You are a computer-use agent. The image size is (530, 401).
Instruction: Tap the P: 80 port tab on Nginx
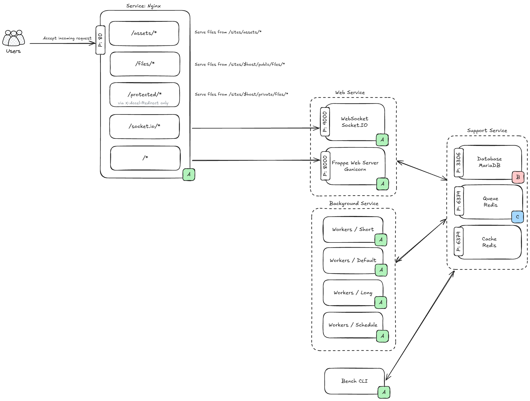[x=100, y=40]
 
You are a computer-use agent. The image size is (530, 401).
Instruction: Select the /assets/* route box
[x=144, y=33]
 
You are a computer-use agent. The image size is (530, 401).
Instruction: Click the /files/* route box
[x=145, y=64]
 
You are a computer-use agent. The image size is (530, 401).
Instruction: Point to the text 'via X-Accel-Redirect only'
[x=143, y=103]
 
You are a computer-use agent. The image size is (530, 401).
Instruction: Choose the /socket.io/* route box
[x=144, y=126]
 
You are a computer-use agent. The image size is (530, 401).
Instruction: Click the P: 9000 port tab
[x=325, y=122]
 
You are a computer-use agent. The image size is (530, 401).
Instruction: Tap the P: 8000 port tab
[x=325, y=166]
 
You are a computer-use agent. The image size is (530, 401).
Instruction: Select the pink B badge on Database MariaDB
[x=518, y=177]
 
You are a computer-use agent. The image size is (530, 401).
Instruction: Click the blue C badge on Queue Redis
[x=517, y=217]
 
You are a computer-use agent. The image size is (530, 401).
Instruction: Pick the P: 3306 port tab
[x=459, y=162]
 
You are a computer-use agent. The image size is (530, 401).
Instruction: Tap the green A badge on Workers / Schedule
[x=382, y=336]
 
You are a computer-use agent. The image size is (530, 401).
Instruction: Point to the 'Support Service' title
[x=487, y=130]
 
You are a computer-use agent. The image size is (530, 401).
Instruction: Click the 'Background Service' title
[x=354, y=203]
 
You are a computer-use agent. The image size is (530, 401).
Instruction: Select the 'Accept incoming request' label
[x=67, y=38]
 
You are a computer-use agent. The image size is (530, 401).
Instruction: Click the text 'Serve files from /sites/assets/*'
[x=228, y=32]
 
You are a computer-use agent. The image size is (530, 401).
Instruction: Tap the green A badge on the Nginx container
[x=189, y=175]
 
